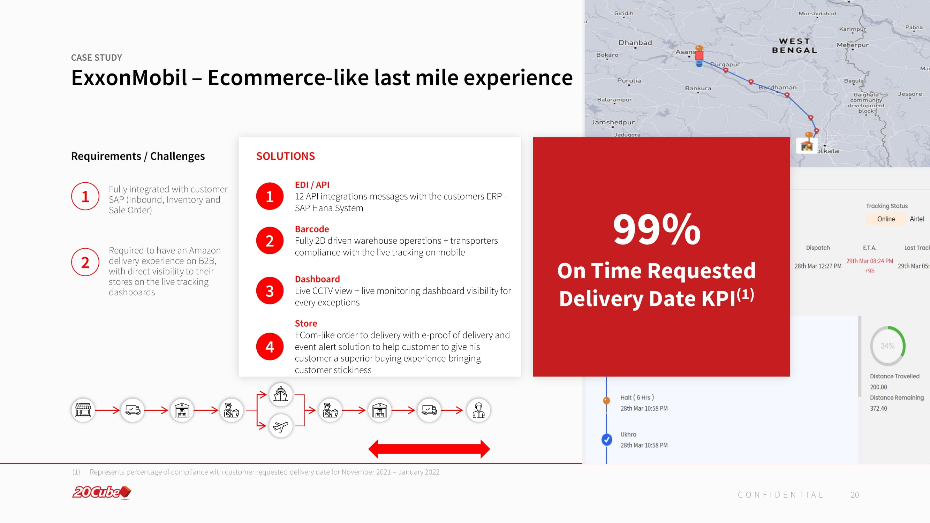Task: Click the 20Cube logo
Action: (102, 492)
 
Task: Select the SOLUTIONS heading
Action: (286, 156)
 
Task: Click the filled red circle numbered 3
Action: (270, 290)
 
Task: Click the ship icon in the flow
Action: (280, 394)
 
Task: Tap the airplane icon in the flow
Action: (280, 426)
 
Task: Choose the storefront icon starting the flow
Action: (83, 410)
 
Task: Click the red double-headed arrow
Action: (429, 449)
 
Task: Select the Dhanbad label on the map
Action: (635, 43)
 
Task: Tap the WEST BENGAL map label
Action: (794, 46)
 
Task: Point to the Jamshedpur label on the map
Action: (613, 122)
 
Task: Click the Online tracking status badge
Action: (886, 219)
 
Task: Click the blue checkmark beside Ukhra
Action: (607, 440)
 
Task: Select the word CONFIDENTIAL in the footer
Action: (780, 495)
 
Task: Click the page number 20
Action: (855, 495)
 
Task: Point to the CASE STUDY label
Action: (96, 58)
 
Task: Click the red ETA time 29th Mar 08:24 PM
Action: (869, 261)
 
